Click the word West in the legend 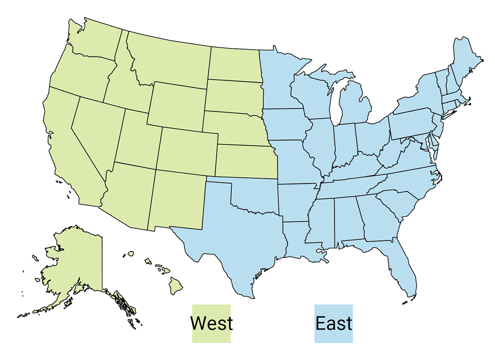tap(211, 323)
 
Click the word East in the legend tap(334, 323)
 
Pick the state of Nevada tap(97, 132)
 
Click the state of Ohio tap(371, 136)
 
